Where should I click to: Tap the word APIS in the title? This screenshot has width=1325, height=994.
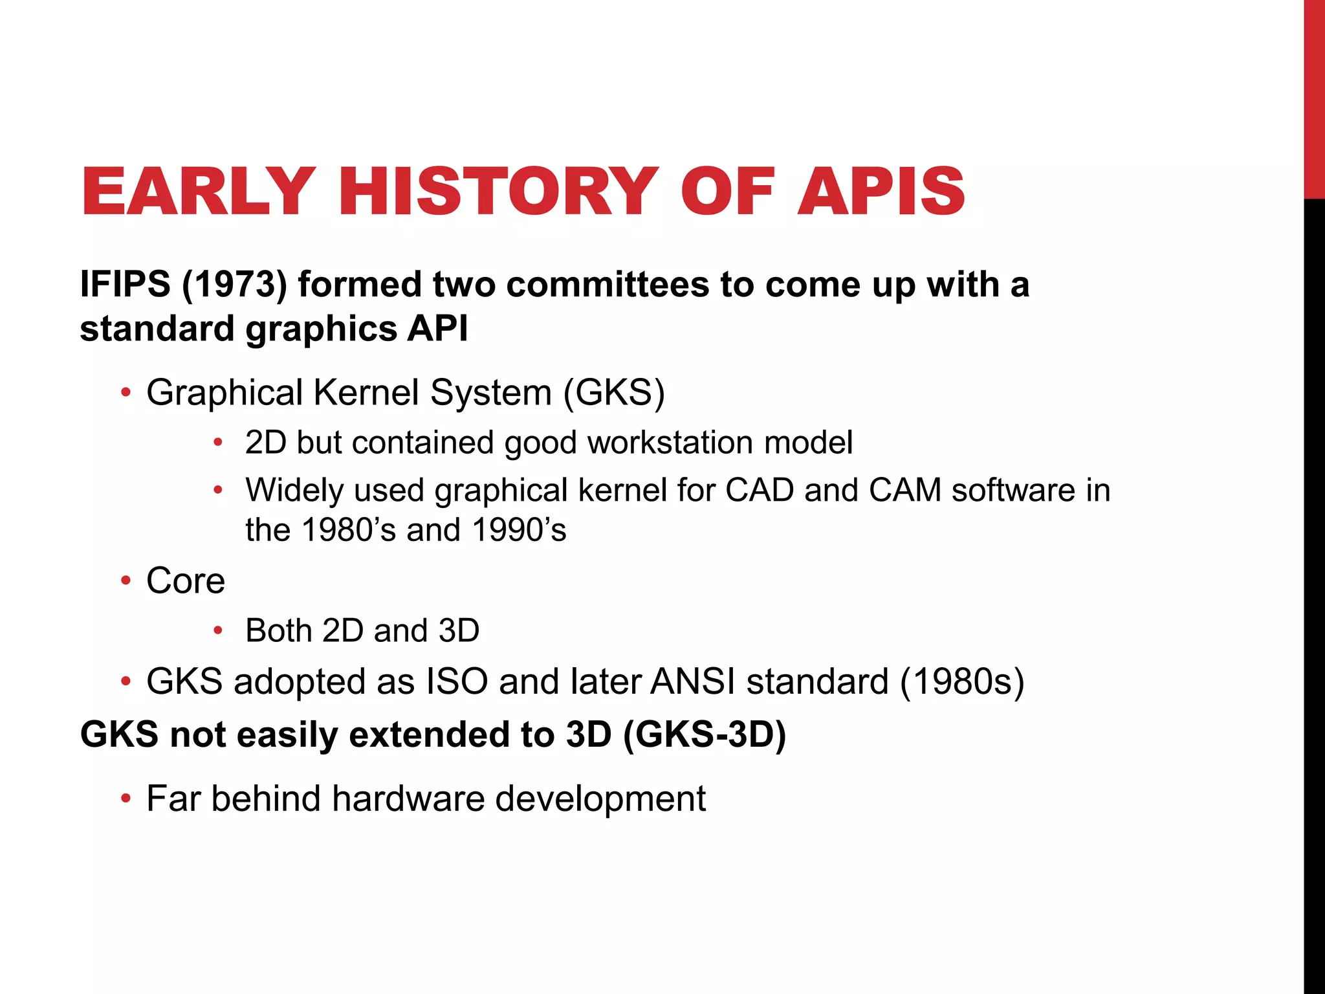coord(881,192)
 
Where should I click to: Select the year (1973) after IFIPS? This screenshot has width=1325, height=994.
coord(234,285)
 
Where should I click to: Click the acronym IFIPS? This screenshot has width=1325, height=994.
coord(125,285)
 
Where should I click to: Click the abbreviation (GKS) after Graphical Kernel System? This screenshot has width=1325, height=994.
coord(614,393)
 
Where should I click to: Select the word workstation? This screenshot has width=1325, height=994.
coord(670,443)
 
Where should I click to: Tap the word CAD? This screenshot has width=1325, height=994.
coord(760,490)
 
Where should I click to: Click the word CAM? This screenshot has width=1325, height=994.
coord(905,490)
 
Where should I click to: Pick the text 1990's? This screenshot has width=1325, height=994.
coord(519,530)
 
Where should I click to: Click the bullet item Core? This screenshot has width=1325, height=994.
coord(186,580)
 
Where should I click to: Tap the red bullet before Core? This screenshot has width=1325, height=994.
coord(126,580)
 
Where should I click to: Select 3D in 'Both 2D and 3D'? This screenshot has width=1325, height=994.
coord(459,631)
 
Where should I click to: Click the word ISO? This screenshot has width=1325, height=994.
coord(457,682)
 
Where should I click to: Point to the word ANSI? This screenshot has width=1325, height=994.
coord(693,682)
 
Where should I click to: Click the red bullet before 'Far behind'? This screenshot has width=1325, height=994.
coord(126,799)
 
